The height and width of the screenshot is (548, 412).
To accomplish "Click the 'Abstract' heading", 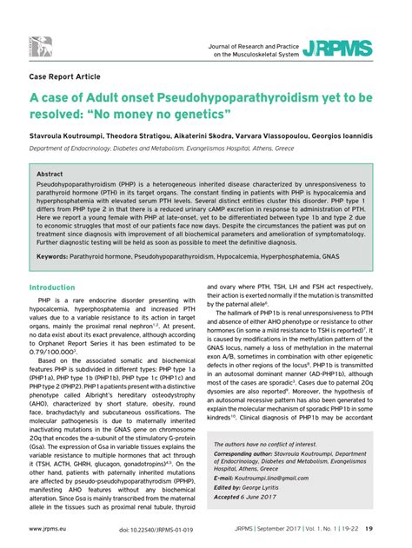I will (50, 174).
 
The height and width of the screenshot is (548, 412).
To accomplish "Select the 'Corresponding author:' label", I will (247, 452).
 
